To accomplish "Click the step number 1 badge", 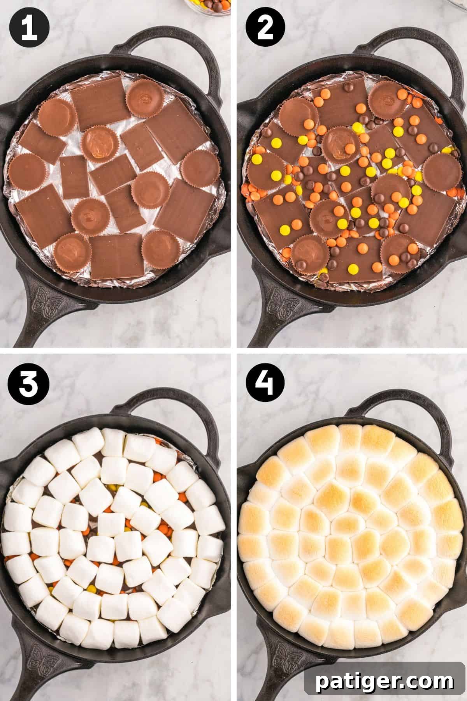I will click(29, 29).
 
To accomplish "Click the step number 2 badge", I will click(266, 29).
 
